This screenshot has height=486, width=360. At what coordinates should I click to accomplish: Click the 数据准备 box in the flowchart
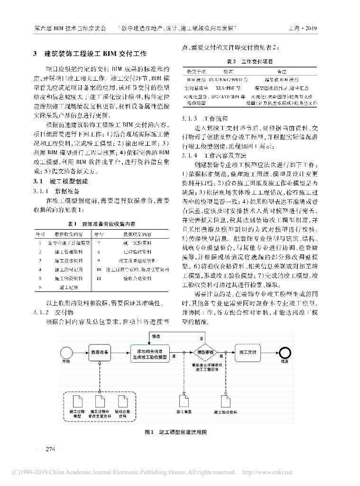click(101, 353)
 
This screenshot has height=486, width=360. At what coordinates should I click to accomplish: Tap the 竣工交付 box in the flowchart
click(248, 353)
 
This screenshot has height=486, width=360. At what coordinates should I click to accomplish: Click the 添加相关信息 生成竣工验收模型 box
click(149, 353)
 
